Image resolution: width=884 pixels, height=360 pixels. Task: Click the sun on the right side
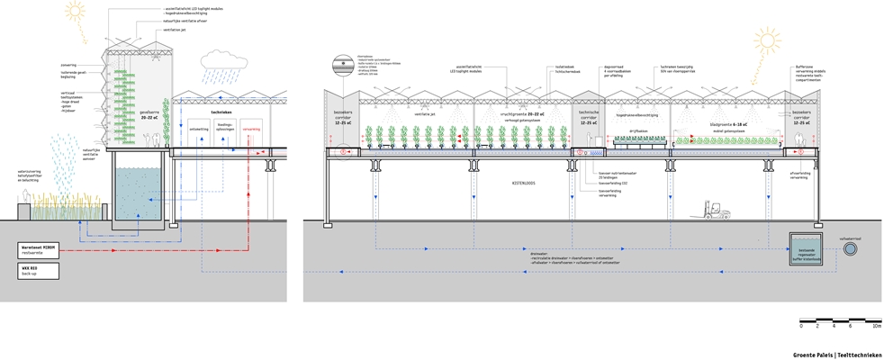click(x=768, y=40)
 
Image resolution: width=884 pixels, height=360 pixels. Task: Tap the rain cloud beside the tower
click(x=218, y=61)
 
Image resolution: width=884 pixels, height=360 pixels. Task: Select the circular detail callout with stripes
click(x=344, y=65)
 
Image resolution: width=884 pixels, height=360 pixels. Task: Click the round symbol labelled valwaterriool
click(x=850, y=248)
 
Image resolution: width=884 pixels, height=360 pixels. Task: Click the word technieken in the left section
click(x=221, y=112)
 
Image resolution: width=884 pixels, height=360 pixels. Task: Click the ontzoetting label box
click(x=199, y=129)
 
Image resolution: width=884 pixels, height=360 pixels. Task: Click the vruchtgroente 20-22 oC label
click(x=519, y=114)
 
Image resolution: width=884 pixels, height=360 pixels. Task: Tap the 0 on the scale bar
click(x=800, y=328)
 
